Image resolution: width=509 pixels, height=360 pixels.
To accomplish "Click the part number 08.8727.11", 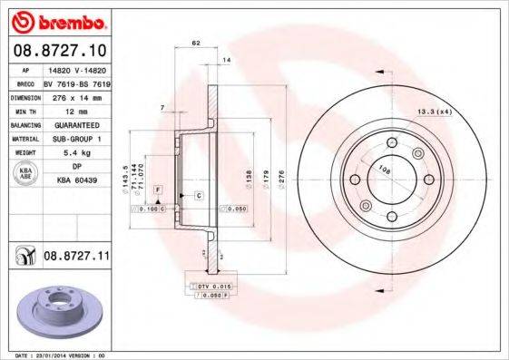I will click(x=76, y=257).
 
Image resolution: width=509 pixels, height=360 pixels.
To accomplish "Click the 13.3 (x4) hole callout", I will click(x=435, y=111).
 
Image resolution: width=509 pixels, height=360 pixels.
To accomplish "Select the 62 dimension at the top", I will click(x=195, y=43).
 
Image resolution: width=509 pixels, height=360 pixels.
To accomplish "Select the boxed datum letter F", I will click(x=158, y=188).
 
